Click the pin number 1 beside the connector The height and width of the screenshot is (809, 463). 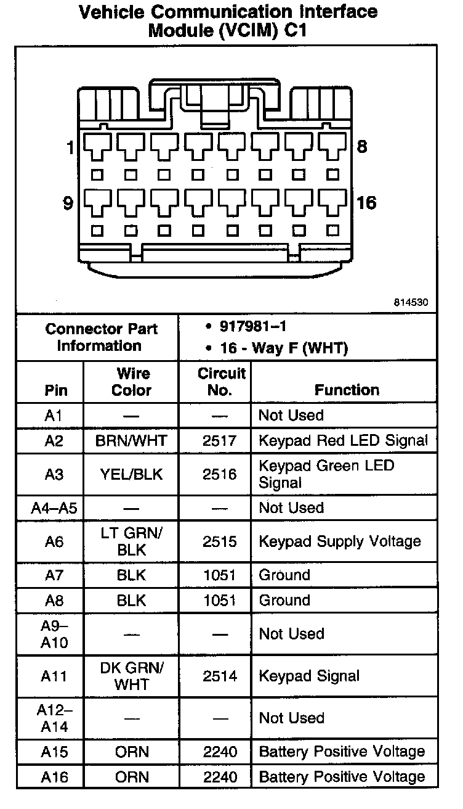coord(70,148)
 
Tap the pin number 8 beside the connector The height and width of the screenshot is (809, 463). coord(362,147)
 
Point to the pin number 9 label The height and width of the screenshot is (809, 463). coord(69,203)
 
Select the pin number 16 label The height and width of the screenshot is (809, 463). coord(366,203)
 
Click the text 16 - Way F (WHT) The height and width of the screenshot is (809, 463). coord(284,348)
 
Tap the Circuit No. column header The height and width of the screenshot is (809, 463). coord(221,382)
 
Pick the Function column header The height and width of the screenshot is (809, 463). coord(347,390)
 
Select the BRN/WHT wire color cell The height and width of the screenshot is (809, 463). coord(131,441)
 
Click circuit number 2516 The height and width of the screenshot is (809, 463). coord(220,474)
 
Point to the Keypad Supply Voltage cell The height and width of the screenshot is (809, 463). coord(339,541)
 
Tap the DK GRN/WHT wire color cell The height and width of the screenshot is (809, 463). coord(131,676)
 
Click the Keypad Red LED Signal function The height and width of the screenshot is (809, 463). coord(343,441)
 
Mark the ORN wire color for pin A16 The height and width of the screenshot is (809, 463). coord(131,777)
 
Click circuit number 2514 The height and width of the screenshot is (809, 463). coord(220,676)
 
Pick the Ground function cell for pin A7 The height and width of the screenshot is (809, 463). coord(284,575)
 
